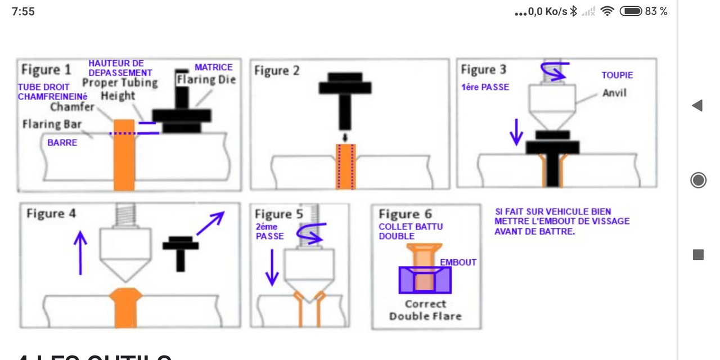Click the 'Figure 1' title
pyautogui.click(x=46, y=70)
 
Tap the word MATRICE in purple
pyautogui.click(x=214, y=67)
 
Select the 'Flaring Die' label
pyautogui.click(x=206, y=80)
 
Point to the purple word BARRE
pyautogui.click(x=62, y=143)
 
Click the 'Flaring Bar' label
pyautogui.click(x=52, y=124)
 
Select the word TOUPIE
pyautogui.click(x=617, y=75)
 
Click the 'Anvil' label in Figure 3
pyautogui.click(x=614, y=92)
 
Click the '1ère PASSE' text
pyautogui.click(x=484, y=88)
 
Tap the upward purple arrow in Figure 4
pyautogui.click(x=80, y=253)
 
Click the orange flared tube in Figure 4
pyautogui.click(x=124, y=307)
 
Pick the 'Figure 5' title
pyautogui.click(x=278, y=214)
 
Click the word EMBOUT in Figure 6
pyautogui.click(x=458, y=262)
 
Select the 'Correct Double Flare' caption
pyautogui.click(x=425, y=310)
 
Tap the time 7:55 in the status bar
pyautogui.click(x=23, y=11)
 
